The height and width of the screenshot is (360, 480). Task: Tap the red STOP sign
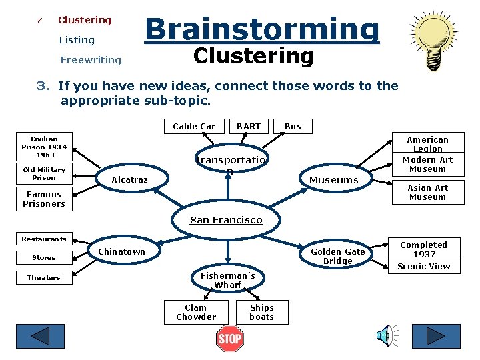(x=230, y=339)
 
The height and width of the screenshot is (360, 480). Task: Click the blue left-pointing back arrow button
(x=49, y=338)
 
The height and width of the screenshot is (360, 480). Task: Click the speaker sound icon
(x=386, y=337)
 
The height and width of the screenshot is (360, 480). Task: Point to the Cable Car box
(x=194, y=126)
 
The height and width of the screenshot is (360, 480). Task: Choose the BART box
(x=249, y=126)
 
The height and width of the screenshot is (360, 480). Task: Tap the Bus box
(x=293, y=126)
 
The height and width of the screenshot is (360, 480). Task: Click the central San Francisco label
(x=226, y=220)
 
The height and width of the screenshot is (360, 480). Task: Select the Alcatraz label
(x=130, y=180)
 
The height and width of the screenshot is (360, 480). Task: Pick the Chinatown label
(x=121, y=251)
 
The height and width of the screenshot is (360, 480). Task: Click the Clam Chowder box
(x=196, y=312)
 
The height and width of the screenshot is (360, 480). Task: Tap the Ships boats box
(x=262, y=312)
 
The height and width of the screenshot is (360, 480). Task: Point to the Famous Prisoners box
(x=44, y=199)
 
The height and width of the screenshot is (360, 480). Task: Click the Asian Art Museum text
(x=427, y=192)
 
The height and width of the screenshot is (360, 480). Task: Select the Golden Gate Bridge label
(x=338, y=256)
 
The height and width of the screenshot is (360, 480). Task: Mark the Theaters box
(x=44, y=277)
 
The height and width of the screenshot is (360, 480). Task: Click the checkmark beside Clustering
(x=39, y=20)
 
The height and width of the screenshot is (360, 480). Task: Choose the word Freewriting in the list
(x=91, y=60)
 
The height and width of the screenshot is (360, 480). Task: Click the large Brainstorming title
(x=262, y=29)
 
